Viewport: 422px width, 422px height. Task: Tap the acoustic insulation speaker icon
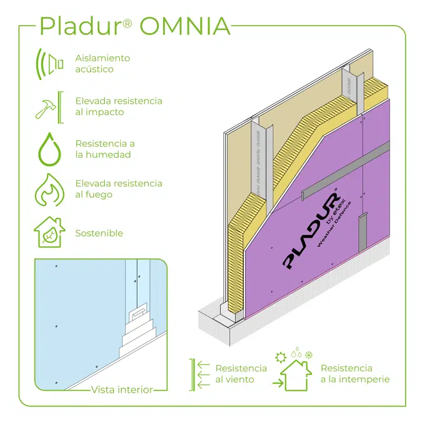(50, 63)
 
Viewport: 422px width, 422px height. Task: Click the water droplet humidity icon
(49, 149)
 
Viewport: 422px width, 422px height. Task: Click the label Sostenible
(99, 233)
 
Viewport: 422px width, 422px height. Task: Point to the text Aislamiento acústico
(103, 63)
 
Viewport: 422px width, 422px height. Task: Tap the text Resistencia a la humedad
(105, 149)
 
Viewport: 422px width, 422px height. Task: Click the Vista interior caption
(122, 389)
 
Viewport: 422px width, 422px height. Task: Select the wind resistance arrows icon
(201, 373)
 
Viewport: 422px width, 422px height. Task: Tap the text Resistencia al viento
(241, 373)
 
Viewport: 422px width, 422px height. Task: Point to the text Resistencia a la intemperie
(354, 373)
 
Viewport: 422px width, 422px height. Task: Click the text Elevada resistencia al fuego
(118, 189)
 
